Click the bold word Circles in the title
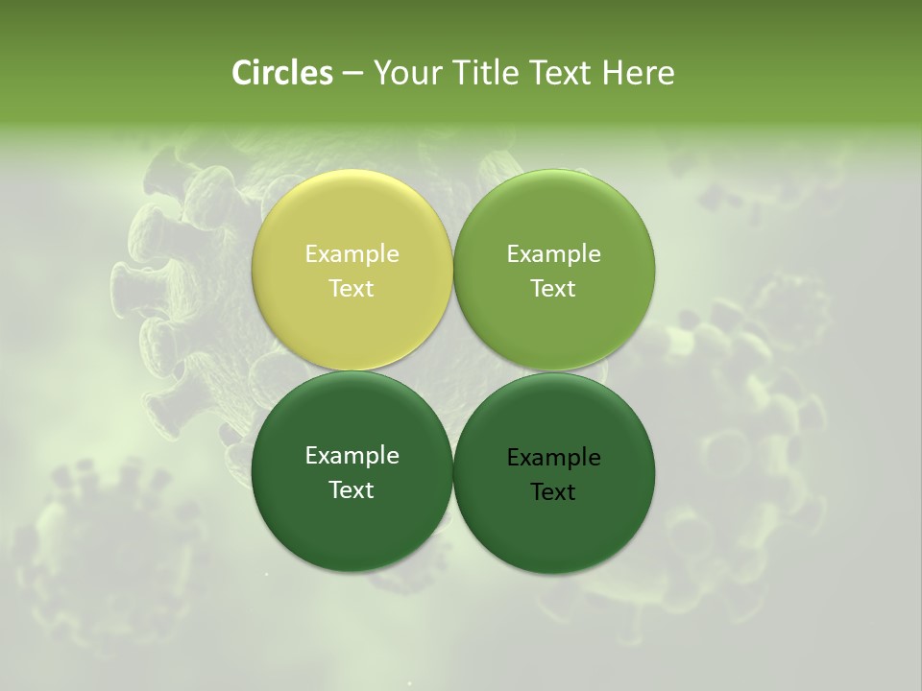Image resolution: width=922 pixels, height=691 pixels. click(x=282, y=73)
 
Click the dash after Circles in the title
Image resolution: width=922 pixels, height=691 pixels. click(x=352, y=73)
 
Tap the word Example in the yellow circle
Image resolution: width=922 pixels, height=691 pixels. click(x=352, y=254)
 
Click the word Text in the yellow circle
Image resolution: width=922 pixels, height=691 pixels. click(x=352, y=289)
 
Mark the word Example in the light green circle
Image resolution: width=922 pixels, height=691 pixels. click(x=553, y=254)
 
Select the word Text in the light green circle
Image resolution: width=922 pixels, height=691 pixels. click(x=553, y=289)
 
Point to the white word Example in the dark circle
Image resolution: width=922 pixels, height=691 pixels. click(x=352, y=456)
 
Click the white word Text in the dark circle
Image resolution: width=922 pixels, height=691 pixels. click(x=352, y=490)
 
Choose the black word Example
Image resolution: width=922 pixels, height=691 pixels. click(x=553, y=458)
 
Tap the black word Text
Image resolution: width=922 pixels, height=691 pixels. click(x=553, y=492)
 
